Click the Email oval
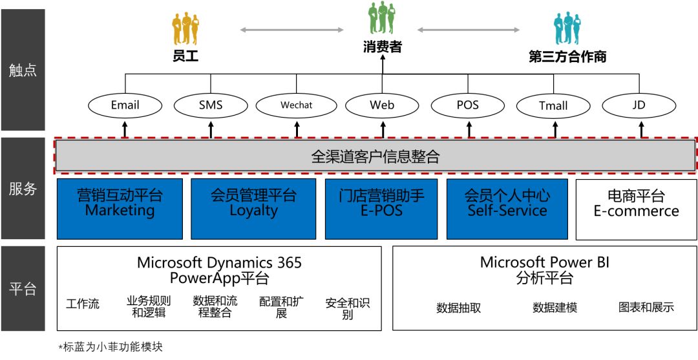coord(125,105)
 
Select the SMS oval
coord(211,105)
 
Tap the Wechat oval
coord(297,105)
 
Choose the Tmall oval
coord(553,105)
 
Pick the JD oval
coord(639,105)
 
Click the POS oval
coord(467,105)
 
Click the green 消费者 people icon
coord(382,19)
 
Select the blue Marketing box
coord(120,208)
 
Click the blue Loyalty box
coord(253,208)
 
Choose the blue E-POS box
coord(381,208)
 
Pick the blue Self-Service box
coord(507,208)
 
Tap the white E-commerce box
coord(636,208)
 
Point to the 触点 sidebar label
coord(23,70)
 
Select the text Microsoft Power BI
coord(544,262)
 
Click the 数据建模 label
coord(555,308)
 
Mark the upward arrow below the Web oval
coord(383,129)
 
